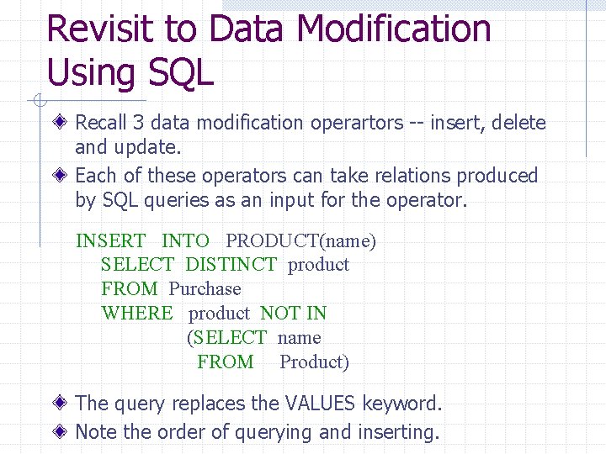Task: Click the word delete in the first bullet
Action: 518,123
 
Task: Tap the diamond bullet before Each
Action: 62,176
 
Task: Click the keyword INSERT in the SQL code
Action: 110,241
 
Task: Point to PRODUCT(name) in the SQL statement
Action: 300,241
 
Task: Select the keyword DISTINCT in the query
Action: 230,265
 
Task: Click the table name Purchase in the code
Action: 205,289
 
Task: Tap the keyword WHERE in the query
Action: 136,314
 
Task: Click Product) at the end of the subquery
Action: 314,362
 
